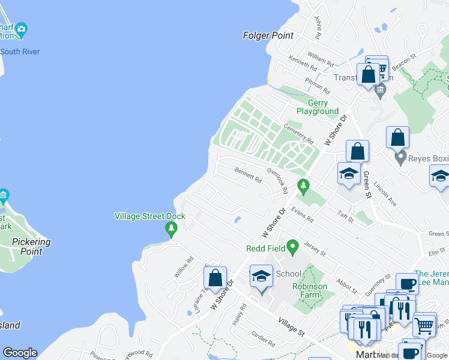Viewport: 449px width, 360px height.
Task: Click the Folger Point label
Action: (268, 35)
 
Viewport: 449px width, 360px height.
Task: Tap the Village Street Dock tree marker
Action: (171, 229)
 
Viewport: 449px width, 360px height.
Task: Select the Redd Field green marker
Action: (292, 246)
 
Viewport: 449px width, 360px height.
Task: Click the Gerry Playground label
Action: (318, 107)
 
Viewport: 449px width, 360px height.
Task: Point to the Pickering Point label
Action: (31, 247)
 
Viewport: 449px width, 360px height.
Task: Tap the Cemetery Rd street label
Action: (298, 133)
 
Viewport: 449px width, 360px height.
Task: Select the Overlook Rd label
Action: (277, 181)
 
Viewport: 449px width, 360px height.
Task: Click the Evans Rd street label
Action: (301, 215)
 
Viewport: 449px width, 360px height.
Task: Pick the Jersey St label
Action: (315, 247)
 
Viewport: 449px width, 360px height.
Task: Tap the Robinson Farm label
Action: (310, 290)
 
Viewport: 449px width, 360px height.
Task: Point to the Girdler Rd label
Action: (263, 340)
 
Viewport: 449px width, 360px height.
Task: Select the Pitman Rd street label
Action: (317, 85)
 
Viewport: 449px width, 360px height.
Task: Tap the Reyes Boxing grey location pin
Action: (400, 158)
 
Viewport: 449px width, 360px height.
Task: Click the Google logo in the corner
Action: (20, 353)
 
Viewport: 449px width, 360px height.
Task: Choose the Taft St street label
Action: (346, 217)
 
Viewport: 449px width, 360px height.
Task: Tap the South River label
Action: (20, 52)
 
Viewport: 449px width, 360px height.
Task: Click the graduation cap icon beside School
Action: (261, 276)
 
